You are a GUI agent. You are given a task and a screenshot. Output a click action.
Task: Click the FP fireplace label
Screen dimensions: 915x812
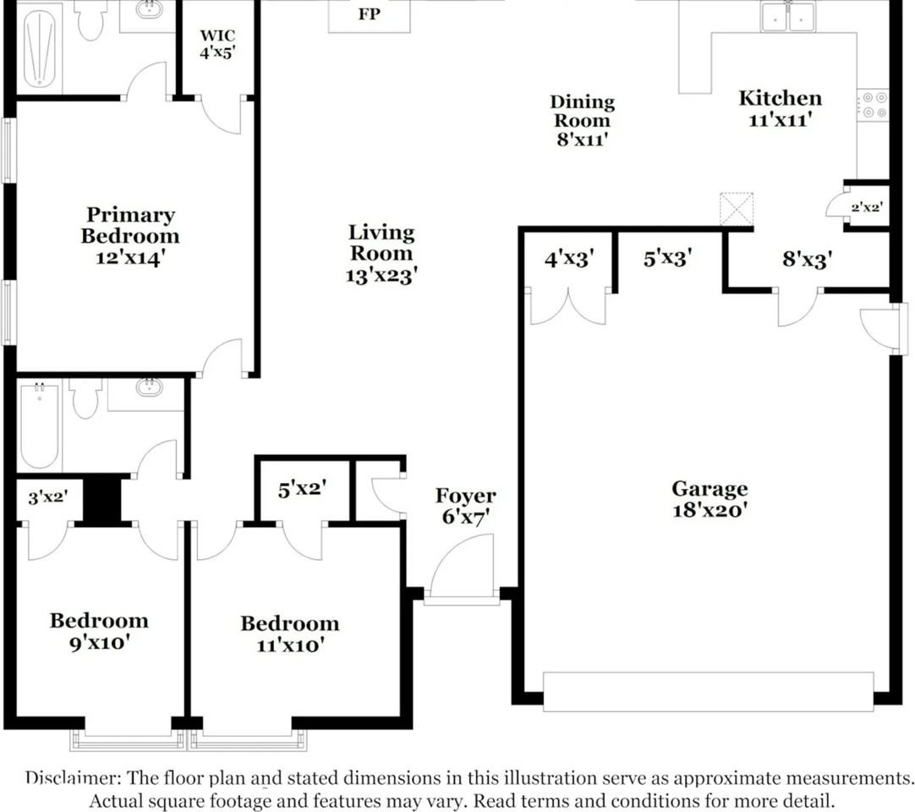point(369,14)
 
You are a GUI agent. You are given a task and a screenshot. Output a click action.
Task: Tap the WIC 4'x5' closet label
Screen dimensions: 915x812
point(217,44)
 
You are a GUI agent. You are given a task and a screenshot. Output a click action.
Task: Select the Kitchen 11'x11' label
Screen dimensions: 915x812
point(781,108)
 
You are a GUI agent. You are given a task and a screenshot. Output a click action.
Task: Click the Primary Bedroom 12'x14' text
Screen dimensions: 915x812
point(130,236)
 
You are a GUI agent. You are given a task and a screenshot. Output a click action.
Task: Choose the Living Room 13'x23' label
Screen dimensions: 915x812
point(381,254)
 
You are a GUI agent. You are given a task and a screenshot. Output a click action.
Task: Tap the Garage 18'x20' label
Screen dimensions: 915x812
point(710,499)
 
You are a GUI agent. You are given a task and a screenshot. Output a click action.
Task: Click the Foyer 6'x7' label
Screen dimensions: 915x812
point(466,506)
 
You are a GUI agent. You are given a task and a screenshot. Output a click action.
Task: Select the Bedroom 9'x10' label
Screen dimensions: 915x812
point(99,631)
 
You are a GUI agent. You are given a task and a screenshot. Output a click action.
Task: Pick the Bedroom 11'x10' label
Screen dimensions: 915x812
point(290,634)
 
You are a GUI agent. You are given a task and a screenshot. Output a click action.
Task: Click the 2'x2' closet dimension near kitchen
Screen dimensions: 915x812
point(867,206)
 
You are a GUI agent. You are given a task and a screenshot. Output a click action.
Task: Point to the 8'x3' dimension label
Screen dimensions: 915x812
point(807,259)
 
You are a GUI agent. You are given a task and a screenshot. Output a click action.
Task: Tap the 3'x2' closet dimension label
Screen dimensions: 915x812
point(48,497)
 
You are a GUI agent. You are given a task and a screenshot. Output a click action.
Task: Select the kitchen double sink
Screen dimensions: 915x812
point(787,16)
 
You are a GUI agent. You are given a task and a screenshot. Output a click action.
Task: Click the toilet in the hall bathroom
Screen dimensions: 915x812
point(85,398)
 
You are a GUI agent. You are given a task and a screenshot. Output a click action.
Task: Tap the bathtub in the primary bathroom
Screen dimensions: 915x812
point(39,47)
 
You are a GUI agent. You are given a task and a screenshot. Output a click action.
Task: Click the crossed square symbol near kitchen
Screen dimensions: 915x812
point(737,208)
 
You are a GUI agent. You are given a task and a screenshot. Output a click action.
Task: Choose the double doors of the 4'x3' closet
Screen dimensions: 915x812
point(567,305)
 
